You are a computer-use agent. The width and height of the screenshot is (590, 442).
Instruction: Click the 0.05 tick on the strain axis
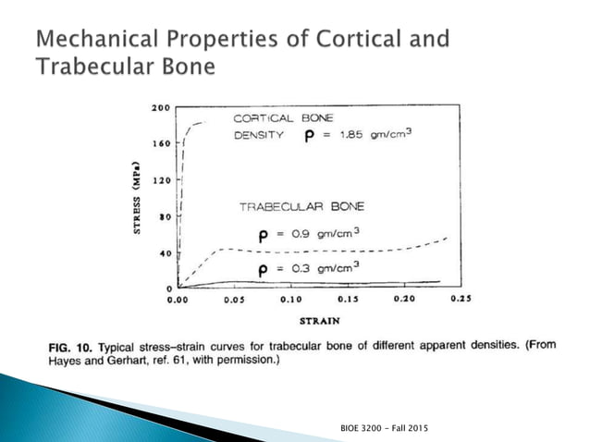coord(234,301)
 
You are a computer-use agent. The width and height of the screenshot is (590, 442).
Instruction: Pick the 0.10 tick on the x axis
coord(290,301)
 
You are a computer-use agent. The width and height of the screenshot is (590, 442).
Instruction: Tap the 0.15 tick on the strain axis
coord(348,301)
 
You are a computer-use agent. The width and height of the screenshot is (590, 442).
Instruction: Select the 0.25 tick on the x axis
coord(460,301)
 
